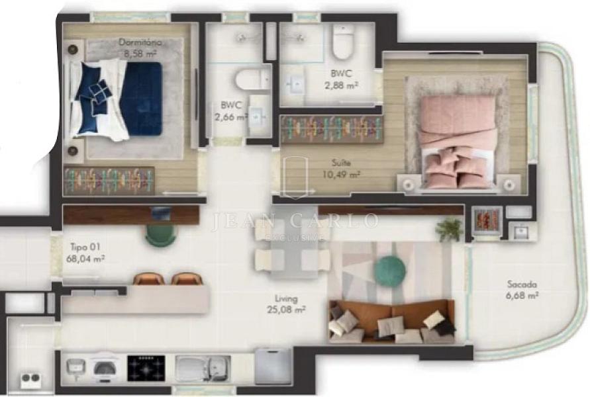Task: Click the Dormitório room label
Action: (x=140, y=42)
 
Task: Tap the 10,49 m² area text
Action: (x=341, y=174)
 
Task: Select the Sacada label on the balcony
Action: (x=522, y=285)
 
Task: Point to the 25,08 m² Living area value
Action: (x=286, y=310)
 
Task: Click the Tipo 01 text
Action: (x=85, y=247)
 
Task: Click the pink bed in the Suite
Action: (x=458, y=142)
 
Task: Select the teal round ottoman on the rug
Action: (x=389, y=269)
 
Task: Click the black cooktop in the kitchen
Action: (x=146, y=368)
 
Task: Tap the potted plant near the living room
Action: (x=449, y=228)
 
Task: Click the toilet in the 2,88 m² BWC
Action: (x=343, y=42)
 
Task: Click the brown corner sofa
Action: (x=391, y=321)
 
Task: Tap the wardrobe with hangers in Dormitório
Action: (x=109, y=181)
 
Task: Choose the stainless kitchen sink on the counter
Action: (x=203, y=368)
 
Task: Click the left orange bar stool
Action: (x=148, y=279)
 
